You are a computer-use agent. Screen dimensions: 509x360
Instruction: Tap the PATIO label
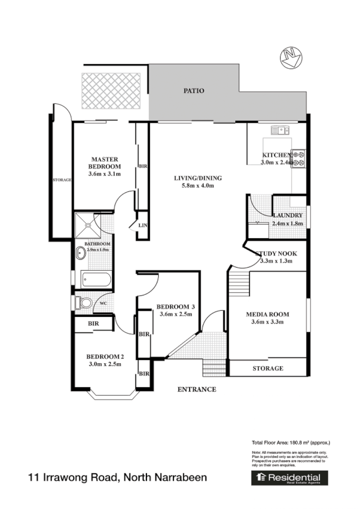click(193, 90)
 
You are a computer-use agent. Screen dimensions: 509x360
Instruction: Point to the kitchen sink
click(281, 130)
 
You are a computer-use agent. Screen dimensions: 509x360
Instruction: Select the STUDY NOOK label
click(276, 254)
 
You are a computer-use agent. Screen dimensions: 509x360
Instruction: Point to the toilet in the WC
click(84, 303)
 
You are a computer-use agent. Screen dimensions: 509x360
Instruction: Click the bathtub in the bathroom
click(95, 281)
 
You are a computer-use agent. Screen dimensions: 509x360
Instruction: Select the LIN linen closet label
click(142, 226)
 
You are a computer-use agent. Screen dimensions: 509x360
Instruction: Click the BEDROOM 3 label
click(175, 307)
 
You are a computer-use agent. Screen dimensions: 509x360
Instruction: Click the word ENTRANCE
click(197, 389)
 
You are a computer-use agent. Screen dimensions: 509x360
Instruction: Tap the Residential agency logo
click(289, 478)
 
